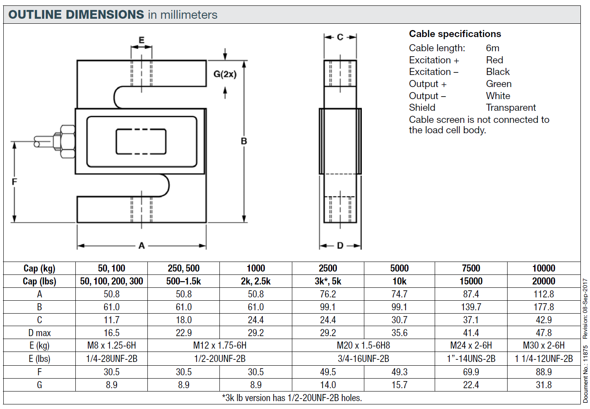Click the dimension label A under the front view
[142, 246]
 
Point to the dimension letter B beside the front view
[244, 141]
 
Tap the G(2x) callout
[225, 74]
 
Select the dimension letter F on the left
[14, 182]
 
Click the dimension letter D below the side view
[340, 246]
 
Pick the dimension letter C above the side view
[340, 37]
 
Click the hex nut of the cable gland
[67, 142]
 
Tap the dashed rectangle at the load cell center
[141, 142]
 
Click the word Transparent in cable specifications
[510, 107]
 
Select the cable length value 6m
[492, 48]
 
